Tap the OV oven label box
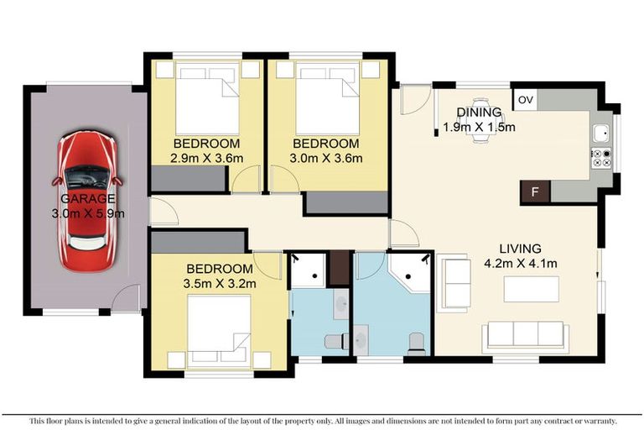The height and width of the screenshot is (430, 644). pos(525,100)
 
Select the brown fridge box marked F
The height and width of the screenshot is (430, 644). pos(535,192)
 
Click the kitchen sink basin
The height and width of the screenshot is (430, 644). pos(602,134)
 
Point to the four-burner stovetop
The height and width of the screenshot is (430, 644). pos(602,159)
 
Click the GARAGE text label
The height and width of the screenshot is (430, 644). pos(88,199)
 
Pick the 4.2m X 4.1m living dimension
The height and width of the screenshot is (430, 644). pos(521,263)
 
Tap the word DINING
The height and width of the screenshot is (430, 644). pos(480,112)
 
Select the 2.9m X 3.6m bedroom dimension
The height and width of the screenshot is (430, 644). pos(206,158)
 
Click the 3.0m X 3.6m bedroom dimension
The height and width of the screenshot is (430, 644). pos(325,158)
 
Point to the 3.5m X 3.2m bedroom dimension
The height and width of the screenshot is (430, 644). pos(220,284)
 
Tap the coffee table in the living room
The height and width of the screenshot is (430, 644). pos(532,289)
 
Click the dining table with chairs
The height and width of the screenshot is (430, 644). pos(480,120)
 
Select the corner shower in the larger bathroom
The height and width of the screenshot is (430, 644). pos(409,273)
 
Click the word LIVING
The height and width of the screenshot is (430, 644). pos(521,249)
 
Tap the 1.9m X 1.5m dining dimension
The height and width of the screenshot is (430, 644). pos(480,127)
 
